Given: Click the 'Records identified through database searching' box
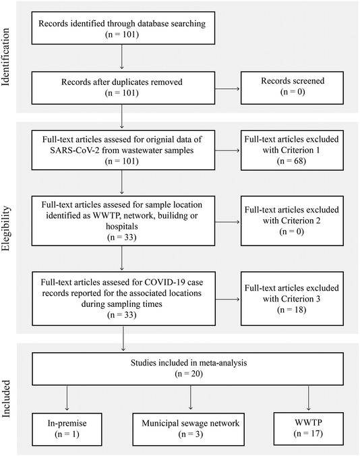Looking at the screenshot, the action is tap(123, 28).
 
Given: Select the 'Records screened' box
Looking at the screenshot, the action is tap(292, 88).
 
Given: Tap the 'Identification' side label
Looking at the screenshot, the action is tap(5, 57).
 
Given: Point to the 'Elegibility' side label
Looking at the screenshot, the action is tap(5, 229).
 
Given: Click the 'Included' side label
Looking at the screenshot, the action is tap(5, 399).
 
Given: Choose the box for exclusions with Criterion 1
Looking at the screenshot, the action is tap(292, 150).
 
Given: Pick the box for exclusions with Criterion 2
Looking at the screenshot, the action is tap(292, 221).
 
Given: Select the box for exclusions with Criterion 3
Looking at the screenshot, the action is tap(292, 299).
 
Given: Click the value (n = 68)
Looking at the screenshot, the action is tap(291, 161).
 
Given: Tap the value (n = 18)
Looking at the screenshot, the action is tap(291, 310).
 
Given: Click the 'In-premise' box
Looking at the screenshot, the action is tap(67, 429).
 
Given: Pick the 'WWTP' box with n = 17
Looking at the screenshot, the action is tap(308, 428).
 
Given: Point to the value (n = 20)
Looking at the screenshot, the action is tap(189, 374).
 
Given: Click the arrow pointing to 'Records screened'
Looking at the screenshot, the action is tap(227, 88).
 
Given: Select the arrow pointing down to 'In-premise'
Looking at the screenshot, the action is tap(67, 397).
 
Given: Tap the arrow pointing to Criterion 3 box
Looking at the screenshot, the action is tap(227, 300).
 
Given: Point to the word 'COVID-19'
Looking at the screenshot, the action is tap(165, 283).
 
